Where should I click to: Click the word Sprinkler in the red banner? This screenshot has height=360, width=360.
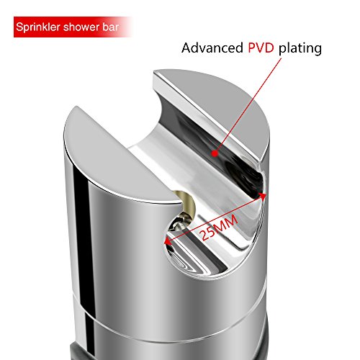coord(38,27)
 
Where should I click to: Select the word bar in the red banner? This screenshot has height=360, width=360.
coord(111,27)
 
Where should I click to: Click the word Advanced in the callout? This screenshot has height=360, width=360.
coord(212,48)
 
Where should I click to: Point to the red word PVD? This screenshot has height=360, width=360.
coord(261,48)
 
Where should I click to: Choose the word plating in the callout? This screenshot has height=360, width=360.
coord(300,48)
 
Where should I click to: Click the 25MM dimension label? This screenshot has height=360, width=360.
coord(219,228)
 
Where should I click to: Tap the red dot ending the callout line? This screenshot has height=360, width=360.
coord(215,153)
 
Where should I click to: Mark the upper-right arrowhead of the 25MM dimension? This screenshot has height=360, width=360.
coord(263,197)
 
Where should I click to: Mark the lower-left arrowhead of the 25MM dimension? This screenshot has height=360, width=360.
coord(168,241)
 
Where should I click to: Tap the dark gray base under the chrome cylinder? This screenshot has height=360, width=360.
coord(77,352)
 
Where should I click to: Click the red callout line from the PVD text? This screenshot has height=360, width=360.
coord(248,106)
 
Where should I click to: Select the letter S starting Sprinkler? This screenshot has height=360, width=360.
coord(19,27)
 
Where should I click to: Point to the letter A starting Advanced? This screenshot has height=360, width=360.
coord(186,48)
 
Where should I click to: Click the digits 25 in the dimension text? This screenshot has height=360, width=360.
coord(207,233)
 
